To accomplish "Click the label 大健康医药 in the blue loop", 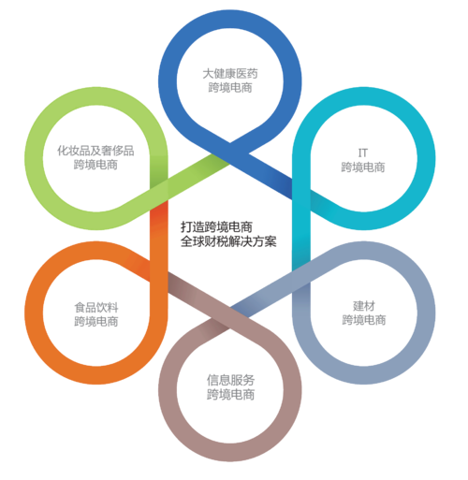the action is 230,74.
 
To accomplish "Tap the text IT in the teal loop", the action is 363,153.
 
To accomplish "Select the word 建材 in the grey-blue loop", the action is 364,306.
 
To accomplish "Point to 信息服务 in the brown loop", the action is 230,380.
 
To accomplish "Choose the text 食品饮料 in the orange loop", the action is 96,308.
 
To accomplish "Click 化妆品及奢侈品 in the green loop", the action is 95,151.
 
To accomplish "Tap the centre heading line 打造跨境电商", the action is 216,226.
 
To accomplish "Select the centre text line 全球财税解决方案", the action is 228,241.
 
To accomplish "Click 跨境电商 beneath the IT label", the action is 363,167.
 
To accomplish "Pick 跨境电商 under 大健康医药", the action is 230,88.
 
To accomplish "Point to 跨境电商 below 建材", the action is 364,320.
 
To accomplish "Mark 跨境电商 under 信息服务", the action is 230,395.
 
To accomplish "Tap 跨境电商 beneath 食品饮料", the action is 96,322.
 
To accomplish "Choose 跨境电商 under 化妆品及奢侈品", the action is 95,165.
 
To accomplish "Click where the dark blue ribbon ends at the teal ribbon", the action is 292,189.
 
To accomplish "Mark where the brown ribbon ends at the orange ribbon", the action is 168,283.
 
